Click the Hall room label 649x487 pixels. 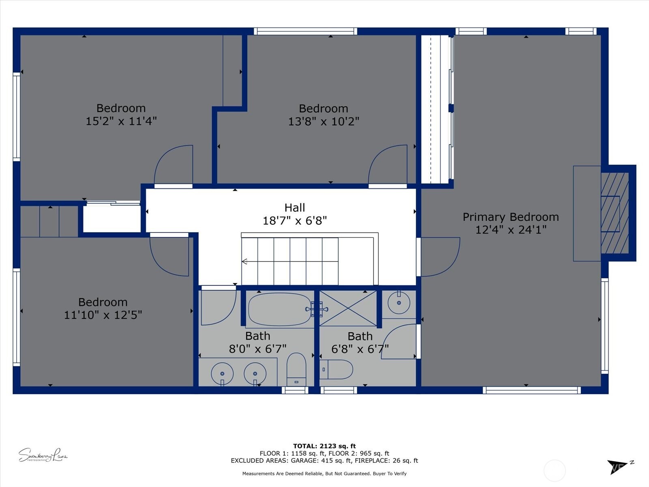pyautogui.click(x=294, y=208)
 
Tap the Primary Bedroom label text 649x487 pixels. pyautogui.click(x=511, y=217)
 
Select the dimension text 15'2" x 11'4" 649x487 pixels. pyautogui.click(x=121, y=121)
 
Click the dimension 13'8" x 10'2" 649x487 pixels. pyautogui.click(x=323, y=121)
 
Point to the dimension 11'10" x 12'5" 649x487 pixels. pyautogui.click(x=103, y=315)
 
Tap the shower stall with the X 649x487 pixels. pyautogui.click(x=348, y=308)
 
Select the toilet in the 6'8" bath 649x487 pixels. pyautogui.click(x=337, y=369)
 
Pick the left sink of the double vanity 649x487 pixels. pyautogui.click(x=222, y=373)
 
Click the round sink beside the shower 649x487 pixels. pyautogui.click(x=399, y=303)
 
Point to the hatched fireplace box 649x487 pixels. pyautogui.click(x=615, y=213)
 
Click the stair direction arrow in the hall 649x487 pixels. pyautogui.click(x=245, y=262)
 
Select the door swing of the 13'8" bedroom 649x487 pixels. pyautogui.click(x=387, y=164)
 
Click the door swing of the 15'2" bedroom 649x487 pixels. pyautogui.click(x=174, y=164)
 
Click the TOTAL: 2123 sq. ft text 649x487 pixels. pyautogui.click(x=324, y=446)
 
